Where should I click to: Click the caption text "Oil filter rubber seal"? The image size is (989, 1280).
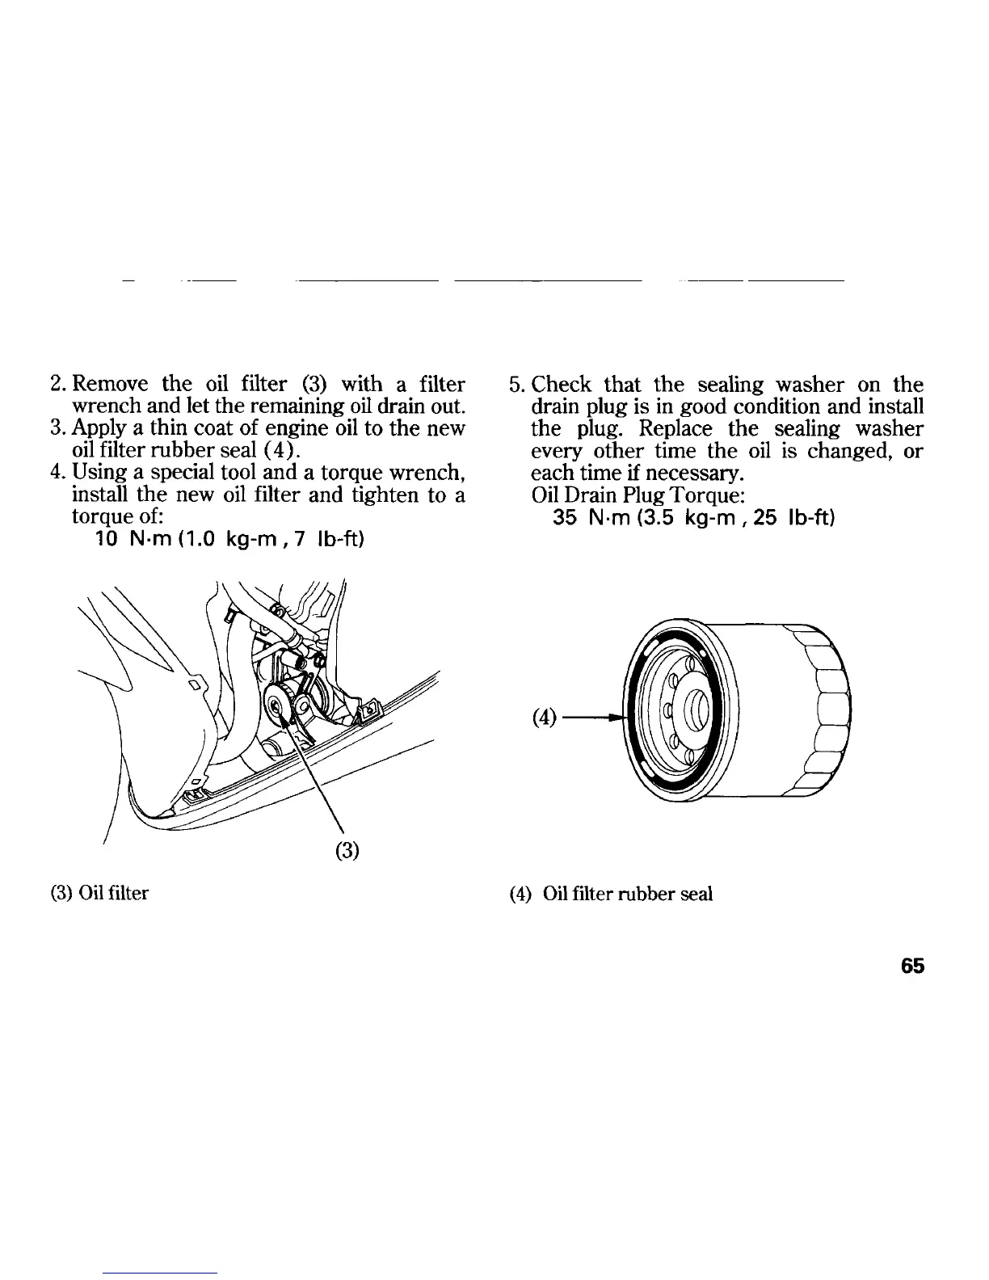(628, 895)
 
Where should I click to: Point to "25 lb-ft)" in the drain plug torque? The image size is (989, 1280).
(800, 516)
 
